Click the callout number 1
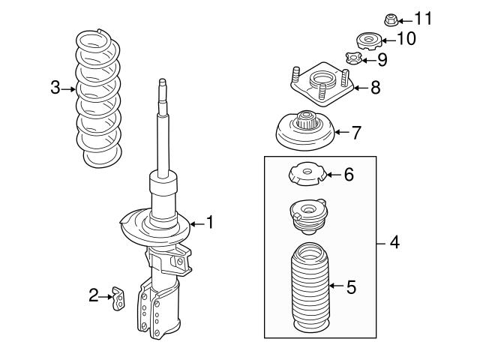(210, 222)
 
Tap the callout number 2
(94, 296)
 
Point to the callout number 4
(394, 243)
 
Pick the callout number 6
(348, 175)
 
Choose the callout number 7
(356, 132)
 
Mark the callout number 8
(376, 88)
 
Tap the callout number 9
(382, 58)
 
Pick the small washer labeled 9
(354, 57)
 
